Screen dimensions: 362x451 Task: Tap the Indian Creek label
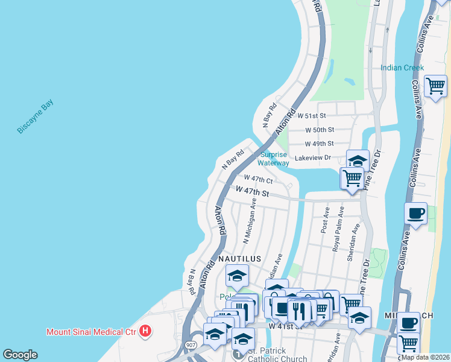402,68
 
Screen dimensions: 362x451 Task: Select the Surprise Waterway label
274,159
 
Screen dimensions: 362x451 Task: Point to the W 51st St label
311,116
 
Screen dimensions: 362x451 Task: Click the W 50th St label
320,130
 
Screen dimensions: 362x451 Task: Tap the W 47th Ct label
259,179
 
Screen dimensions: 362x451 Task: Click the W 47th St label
252,191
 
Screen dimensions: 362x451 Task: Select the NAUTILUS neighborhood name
239,259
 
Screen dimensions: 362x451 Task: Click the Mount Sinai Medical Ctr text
90,331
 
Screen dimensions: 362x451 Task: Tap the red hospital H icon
145,331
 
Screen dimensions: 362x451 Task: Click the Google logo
20,355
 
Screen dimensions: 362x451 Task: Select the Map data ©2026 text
426,357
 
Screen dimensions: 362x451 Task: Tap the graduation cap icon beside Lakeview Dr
357,160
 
